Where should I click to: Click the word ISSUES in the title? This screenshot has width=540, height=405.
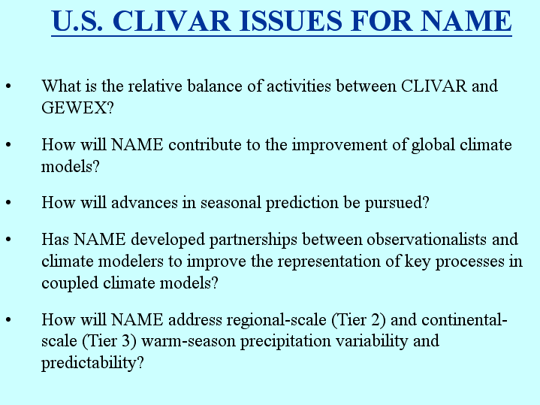291,21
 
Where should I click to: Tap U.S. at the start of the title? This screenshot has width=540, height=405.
77,21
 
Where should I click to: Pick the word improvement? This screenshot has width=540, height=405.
339,145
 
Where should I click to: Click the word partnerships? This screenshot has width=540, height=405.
253,240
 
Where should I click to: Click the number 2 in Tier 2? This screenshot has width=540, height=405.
376,319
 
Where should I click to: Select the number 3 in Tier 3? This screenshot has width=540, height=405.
126,341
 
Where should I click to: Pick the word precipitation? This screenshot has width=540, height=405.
285,342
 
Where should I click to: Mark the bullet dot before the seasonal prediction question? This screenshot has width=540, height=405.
8,202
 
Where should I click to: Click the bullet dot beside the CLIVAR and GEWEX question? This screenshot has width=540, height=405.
8,86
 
